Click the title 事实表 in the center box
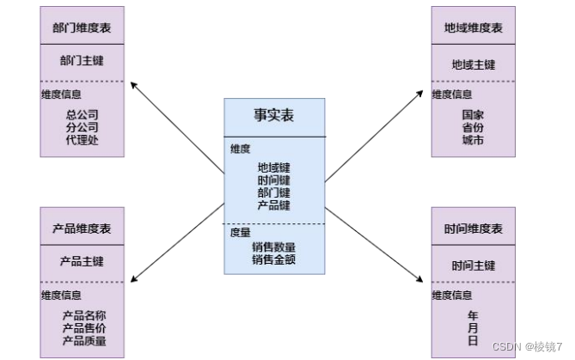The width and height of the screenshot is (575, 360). [274, 115]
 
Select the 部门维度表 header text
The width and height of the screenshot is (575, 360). [82, 27]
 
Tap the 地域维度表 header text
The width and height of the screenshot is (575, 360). [474, 28]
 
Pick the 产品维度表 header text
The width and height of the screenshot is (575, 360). [82, 229]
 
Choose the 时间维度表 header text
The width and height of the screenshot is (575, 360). [474, 229]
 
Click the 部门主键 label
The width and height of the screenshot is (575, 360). [82, 61]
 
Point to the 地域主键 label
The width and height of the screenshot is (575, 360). [474, 64]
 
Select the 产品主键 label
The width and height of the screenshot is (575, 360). [82, 261]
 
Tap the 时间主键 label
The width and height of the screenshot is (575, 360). [474, 265]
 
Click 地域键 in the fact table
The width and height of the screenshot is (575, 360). [274, 168]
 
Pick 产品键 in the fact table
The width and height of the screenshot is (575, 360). [274, 205]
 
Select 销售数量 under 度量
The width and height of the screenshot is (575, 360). [274, 247]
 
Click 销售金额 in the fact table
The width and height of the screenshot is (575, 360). [274, 259]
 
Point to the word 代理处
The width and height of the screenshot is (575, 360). [83, 139]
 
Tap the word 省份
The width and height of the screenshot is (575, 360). [473, 127]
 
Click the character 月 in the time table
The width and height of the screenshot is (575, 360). [473, 328]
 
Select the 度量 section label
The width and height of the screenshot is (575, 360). [240, 232]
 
